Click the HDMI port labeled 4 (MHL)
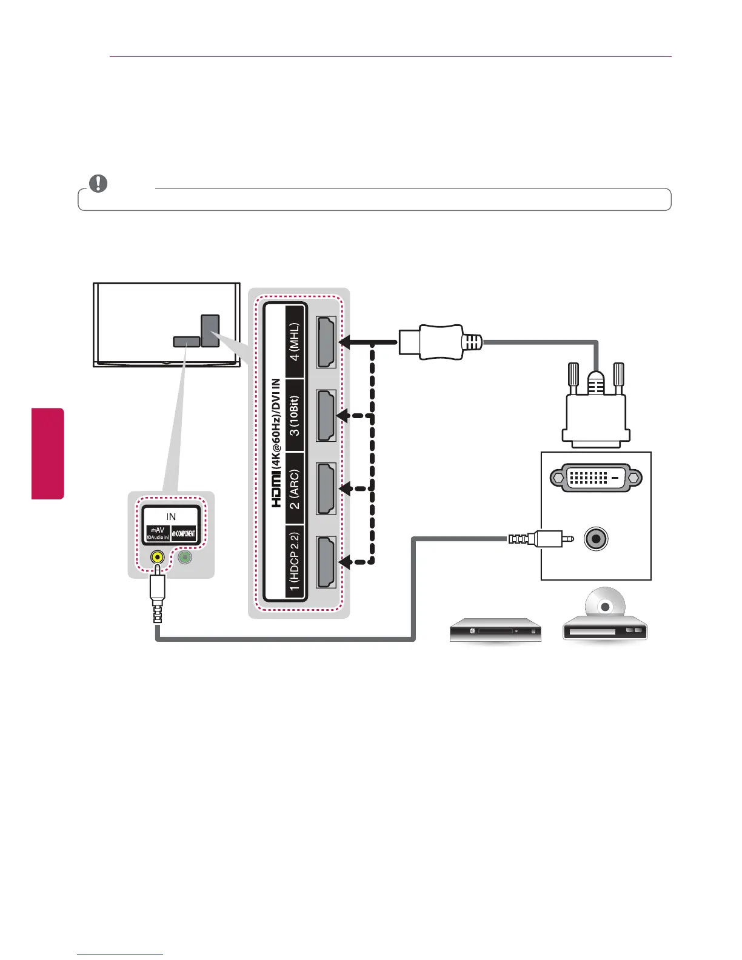click(x=326, y=342)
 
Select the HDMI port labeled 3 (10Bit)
click(x=326, y=416)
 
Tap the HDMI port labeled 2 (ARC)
click(x=326, y=488)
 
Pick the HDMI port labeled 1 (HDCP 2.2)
click(x=326, y=562)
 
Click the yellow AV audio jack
click(x=158, y=556)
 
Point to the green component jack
click(x=185, y=556)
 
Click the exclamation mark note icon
click(x=98, y=184)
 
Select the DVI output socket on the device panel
click(x=595, y=478)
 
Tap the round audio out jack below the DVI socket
click(x=597, y=539)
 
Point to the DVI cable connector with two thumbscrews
click(x=595, y=412)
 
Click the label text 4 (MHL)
click(x=294, y=342)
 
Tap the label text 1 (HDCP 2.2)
click(x=294, y=562)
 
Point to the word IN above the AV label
click(x=171, y=516)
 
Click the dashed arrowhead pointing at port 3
click(x=344, y=416)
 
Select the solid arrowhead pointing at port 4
click(x=345, y=342)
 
